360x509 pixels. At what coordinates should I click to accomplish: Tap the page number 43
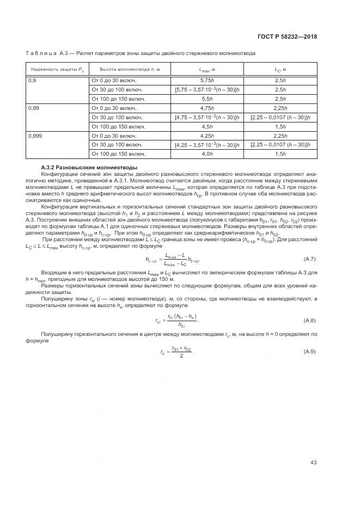(313, 463)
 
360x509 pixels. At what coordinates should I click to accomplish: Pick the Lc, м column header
(280, 70)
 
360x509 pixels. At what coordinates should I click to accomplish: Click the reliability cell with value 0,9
(33, 80)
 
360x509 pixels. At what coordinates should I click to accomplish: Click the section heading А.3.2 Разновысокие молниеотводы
(90, 167)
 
